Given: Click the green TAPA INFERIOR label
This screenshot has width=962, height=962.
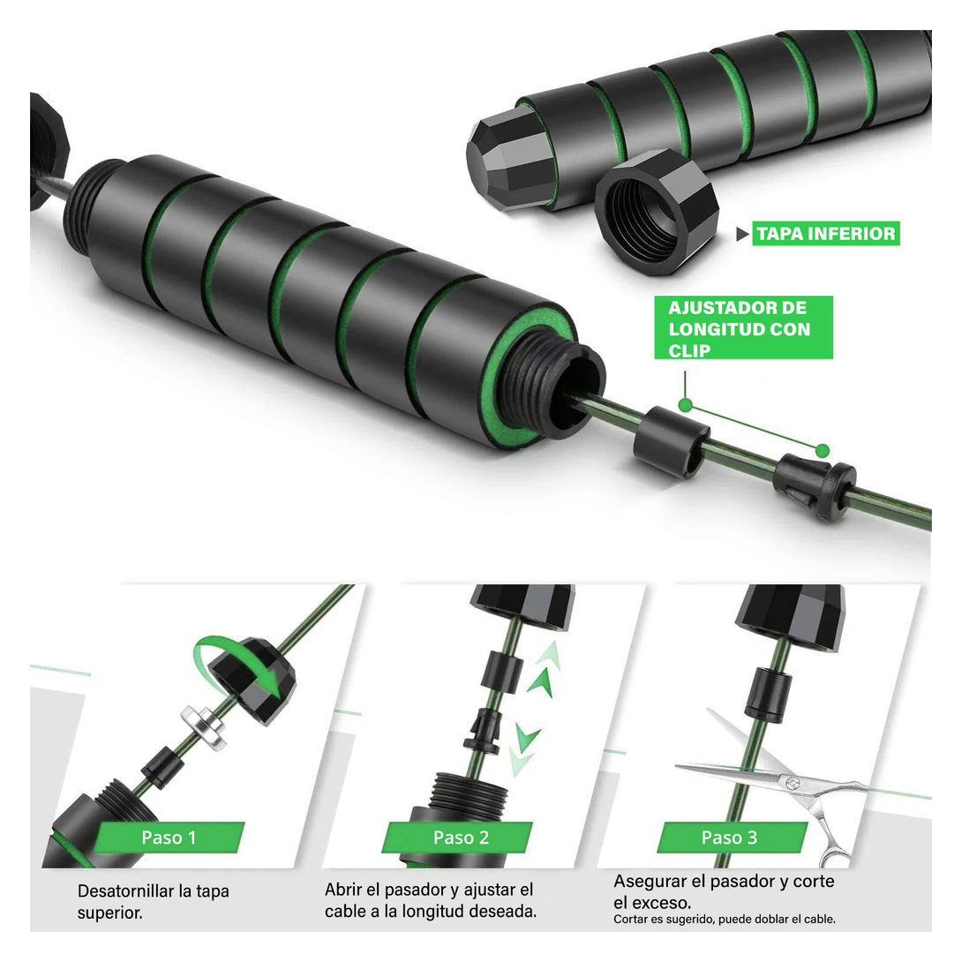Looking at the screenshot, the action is pos(825,233).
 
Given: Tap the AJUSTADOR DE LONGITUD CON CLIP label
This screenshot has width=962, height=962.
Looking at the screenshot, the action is pos(743,327).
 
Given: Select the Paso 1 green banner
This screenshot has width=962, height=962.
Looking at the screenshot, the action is pos(169,838).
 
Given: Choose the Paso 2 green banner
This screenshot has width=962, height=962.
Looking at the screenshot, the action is pos(461,838).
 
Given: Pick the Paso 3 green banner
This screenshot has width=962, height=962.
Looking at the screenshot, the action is pos(730,838).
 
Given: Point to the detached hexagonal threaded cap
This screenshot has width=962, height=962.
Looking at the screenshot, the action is pos(657,212).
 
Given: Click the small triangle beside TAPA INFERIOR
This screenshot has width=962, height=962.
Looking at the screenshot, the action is pos(742,234).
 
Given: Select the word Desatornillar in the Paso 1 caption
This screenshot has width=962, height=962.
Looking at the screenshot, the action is pos(126,891).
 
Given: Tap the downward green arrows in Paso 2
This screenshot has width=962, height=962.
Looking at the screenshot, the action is pos(524,749).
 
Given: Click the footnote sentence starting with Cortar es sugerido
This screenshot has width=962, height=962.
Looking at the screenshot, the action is pos(725,919).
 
